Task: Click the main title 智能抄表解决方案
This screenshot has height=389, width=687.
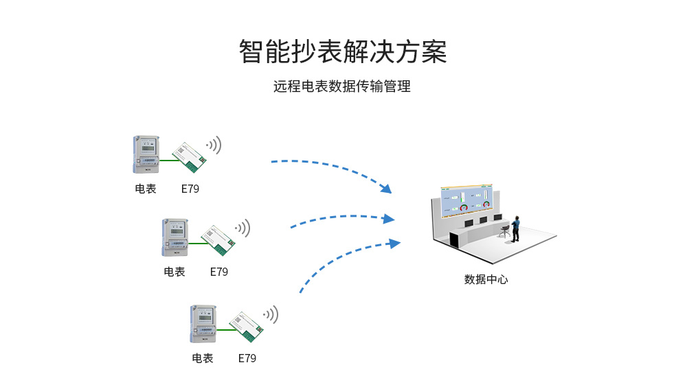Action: click(x=343, y=52)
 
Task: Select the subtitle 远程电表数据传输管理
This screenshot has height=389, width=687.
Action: click(x=342, y=87)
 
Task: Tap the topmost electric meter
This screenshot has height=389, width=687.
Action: click(x=146, y=154)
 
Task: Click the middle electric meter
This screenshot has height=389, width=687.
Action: click(x=174, y=237)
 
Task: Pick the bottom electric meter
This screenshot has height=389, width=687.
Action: click(x=203, y=324)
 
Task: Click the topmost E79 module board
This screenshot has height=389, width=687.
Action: click(x=190, y=156)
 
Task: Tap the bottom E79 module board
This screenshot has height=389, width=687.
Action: click(x=247, y=326)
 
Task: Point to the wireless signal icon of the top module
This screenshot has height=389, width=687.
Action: click(x=214, y=145)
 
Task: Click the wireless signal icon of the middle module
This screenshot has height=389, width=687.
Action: click(x=243, y=228)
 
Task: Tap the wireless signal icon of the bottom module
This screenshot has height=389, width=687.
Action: click(x=271, y=314)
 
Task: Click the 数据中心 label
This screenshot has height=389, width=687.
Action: click(x=486, y=279)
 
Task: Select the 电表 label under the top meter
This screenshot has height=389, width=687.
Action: click(x=146, y=189)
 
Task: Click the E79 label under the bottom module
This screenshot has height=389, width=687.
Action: click(x=247, y=358)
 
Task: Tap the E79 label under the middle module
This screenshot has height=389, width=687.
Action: click(x=218, y=272)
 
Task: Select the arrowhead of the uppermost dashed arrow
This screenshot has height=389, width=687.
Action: click(x=386, y=189)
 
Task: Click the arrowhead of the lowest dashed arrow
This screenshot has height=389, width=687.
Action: click(x=394, y=242)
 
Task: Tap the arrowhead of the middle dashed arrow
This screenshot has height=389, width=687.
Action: click(x=390, y=219)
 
